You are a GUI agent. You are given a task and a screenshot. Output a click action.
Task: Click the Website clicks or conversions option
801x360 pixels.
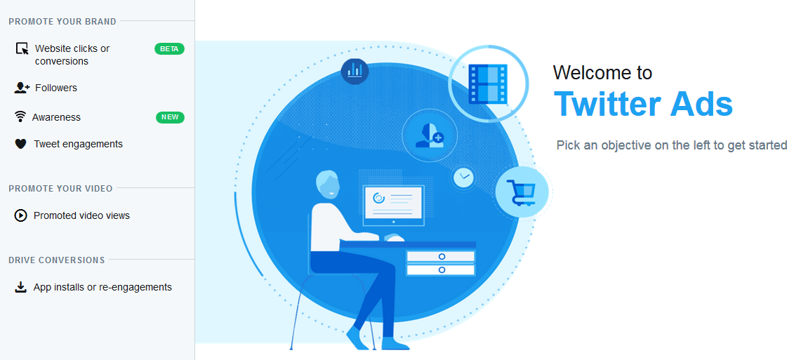[x=72, y=55]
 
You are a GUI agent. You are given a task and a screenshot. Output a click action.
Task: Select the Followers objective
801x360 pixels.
[x=56, y=88]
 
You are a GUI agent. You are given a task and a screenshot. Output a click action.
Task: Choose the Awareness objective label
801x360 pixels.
[x=56, y=117]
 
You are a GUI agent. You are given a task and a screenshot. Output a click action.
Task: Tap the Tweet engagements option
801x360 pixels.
[x=78, y=144]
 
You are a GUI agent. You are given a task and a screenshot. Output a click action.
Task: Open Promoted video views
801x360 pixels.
[x=81, y=215]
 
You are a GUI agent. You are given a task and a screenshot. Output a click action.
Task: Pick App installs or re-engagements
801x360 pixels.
[x=102, y=287]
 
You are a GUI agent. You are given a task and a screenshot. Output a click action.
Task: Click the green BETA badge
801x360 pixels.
[x=169, y=49]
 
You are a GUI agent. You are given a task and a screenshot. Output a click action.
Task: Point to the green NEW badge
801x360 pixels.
[x=170, y=117]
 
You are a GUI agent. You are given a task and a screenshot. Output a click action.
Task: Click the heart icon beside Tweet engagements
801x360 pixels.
[x=20, y=145]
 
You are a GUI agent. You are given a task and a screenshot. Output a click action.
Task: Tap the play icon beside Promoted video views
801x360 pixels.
[x=20, y=215]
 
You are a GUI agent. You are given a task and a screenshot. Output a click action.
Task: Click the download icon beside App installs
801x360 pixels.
[x=20, y=288]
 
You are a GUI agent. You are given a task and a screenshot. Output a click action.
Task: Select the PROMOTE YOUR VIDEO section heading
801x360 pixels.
[x=61, y=189]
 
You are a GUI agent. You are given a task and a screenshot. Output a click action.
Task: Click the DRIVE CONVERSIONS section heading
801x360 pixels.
[x=57, y=260]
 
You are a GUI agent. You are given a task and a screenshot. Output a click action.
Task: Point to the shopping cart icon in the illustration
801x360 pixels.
[x=522, y=192]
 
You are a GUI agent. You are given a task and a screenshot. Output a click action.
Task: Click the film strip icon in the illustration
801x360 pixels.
[x=488, y=84]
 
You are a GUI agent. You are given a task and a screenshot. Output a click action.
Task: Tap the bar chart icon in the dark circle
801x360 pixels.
[x=355, y=70]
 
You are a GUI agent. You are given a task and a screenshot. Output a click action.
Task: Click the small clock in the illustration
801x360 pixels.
[x=464, y=178]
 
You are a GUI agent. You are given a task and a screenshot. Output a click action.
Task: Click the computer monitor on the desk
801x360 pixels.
[x=393, y=206]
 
